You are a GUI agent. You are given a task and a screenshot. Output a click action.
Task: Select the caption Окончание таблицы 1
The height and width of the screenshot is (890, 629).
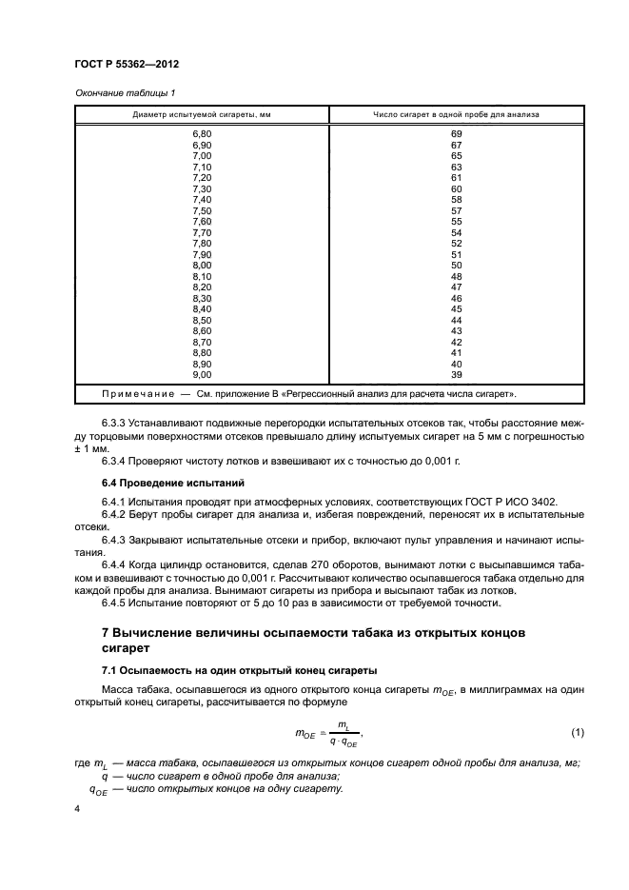[124, 92]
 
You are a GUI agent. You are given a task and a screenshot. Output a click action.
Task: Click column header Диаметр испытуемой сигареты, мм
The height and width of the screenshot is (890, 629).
[201, 115]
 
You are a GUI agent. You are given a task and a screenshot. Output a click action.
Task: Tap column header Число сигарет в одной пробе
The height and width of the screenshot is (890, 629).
[456, 115]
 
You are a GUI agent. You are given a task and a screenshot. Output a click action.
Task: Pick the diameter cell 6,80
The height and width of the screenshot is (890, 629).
[201, 134]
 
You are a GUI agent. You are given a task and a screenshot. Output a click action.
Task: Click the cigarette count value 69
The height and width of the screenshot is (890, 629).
[456, 134]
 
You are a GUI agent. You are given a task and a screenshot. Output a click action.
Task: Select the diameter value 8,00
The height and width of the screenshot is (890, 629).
[201, 265]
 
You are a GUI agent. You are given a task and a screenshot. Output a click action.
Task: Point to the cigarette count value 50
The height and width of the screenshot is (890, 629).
[456, 265]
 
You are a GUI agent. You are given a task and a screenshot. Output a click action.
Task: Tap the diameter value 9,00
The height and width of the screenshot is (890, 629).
[201, 374]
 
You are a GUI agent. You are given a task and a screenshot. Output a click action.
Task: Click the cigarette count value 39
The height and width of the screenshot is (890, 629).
[456, 374]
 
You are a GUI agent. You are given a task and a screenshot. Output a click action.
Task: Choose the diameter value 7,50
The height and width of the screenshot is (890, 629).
[201, 210]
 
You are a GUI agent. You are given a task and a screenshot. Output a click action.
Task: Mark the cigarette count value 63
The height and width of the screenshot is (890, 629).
[456, 167]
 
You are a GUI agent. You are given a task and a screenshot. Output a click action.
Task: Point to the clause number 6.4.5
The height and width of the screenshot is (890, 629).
[115, 602]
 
